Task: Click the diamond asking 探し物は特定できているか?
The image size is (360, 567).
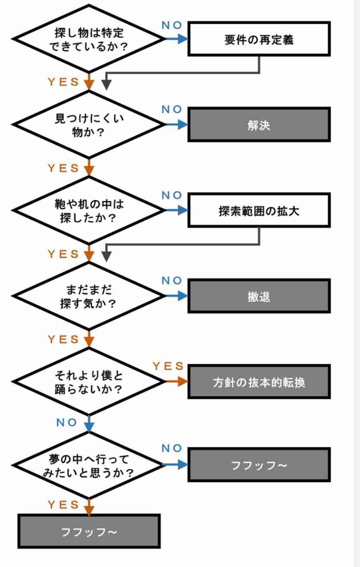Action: coord(89,39)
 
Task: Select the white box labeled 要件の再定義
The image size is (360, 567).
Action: coord(259,40)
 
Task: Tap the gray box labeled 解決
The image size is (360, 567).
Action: coord(259,125)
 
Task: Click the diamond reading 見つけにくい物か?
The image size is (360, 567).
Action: coord(89,125)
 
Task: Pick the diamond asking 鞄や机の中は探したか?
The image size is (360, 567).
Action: coord(89,210)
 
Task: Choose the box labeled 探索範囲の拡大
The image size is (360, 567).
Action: coord(259,212)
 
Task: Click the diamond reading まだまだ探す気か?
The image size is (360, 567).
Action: coord(89,296)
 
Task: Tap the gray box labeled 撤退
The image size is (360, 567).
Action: coord(259,296)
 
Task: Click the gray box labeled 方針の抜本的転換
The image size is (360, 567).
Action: coord(259,382)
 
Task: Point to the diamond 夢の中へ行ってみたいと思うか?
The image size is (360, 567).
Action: coord(89,465)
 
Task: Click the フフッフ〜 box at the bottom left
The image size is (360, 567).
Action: coord(89,531)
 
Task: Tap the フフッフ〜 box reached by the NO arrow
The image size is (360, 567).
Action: coord(259,465)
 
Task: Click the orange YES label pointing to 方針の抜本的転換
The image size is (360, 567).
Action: coord(168,366)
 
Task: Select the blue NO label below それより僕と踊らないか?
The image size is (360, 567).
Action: coord(67,422)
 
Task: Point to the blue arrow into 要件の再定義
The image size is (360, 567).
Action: coord(178,39)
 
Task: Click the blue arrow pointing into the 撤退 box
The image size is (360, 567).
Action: coord(178,296)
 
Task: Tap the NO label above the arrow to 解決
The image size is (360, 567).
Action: coord(172,109)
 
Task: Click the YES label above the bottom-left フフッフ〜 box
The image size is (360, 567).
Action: coord(63,504)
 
